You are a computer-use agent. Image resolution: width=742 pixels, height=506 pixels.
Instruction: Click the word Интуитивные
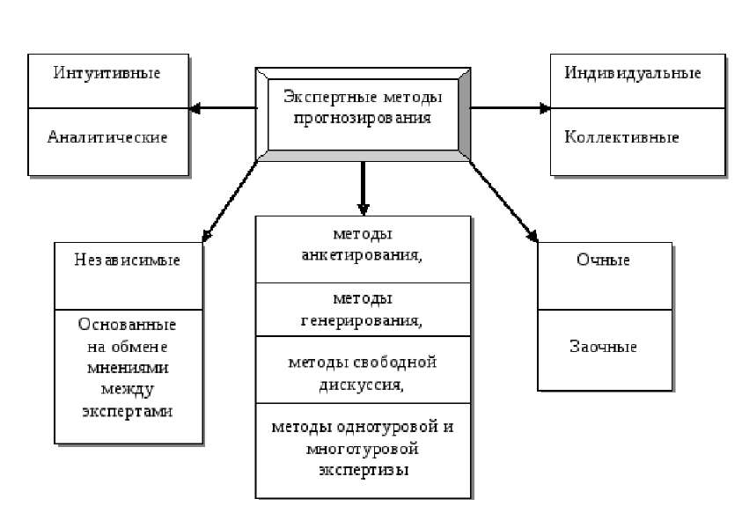107,73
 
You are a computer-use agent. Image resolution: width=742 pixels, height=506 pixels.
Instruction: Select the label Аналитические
107,137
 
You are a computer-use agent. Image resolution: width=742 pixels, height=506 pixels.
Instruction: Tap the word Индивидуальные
632,73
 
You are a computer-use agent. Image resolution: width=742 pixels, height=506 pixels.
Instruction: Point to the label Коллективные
621,137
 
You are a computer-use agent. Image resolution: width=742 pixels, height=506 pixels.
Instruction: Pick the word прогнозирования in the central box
363,118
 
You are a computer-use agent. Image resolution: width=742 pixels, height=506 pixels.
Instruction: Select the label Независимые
128,260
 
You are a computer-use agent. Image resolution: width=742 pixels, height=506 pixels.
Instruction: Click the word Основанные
127,325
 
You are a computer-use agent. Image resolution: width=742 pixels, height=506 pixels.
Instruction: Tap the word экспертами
128,411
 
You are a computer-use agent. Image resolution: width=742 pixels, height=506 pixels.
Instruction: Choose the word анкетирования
361,255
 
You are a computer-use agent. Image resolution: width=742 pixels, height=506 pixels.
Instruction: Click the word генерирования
361,320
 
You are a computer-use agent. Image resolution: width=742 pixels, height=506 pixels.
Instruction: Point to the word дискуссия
361,385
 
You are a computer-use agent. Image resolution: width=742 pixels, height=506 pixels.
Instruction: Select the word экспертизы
364,471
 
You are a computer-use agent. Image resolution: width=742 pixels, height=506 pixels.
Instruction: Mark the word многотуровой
363,448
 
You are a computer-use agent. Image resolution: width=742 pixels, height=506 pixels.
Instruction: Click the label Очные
603,260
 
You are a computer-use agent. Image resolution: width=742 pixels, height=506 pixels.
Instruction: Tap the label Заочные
603,346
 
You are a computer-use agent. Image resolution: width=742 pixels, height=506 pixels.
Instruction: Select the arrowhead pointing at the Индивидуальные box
544,108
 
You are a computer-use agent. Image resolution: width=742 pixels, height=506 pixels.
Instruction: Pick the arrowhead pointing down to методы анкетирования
363,209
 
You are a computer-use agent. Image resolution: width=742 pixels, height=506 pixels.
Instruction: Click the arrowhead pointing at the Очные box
533,236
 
